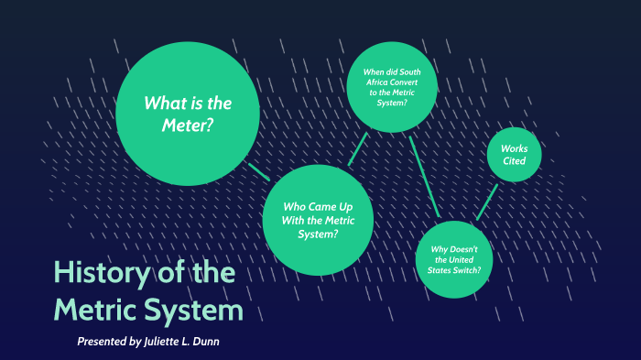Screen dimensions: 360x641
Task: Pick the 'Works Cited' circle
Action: click(514, 155)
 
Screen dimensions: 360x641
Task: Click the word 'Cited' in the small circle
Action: click(514, 161)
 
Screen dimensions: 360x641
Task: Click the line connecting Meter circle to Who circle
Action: click(258, 171)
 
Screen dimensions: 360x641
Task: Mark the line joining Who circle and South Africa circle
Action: click(358, 148)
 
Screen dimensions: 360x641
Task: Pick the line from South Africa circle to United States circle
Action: click(425, 177)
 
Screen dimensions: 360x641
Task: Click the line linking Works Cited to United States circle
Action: click(488, 202)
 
